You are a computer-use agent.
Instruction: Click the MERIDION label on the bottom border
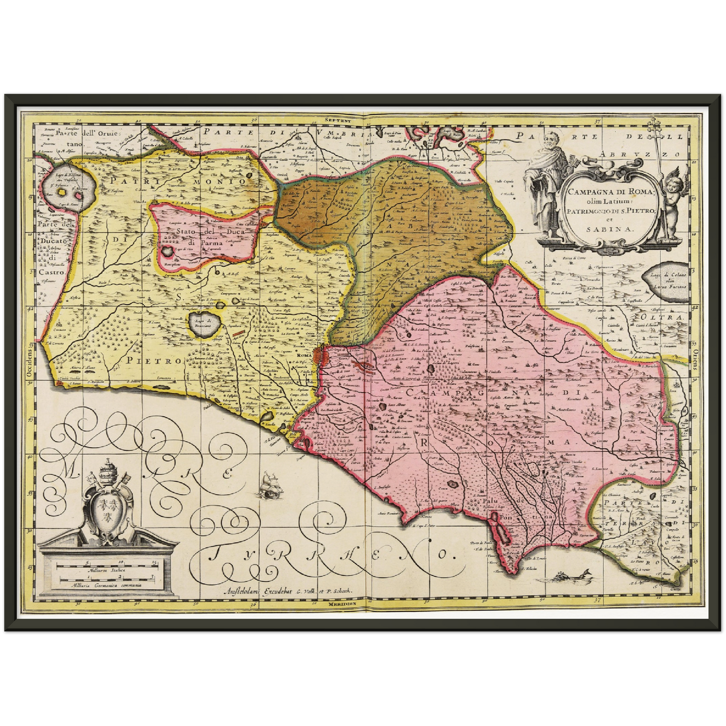click(343, 603)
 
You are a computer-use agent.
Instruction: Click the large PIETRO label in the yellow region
click(153, 360)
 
